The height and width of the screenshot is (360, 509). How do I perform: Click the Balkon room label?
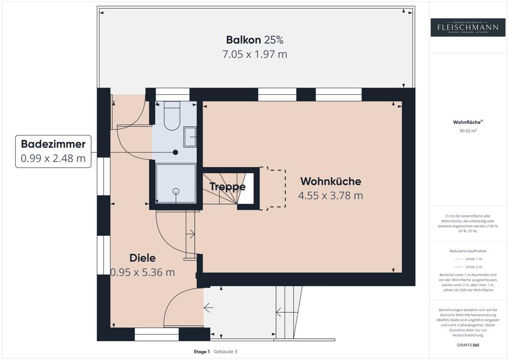243,40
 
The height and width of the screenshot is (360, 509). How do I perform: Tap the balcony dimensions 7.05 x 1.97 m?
254,54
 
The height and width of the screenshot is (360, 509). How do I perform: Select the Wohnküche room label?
330,181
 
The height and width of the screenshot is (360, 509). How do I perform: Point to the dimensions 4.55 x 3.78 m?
330,196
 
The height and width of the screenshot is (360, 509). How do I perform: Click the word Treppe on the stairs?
228,187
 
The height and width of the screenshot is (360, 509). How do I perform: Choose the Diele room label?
143,258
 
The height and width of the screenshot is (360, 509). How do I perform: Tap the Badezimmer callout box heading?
53,144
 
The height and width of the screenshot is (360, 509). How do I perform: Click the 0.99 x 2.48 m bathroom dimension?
53,158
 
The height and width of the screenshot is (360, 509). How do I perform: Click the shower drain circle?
176,191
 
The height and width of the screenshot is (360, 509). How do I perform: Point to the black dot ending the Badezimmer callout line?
175,152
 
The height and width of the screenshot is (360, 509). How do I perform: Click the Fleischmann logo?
468,27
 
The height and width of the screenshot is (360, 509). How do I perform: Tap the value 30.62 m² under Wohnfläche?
468,131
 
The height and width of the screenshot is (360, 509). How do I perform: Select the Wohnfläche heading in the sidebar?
467,122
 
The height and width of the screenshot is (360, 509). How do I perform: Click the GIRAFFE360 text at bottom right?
468,345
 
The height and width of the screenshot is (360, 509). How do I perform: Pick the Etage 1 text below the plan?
202,351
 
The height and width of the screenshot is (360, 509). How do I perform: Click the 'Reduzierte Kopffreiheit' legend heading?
468,252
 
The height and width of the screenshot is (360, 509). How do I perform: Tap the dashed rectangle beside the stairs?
272,187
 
